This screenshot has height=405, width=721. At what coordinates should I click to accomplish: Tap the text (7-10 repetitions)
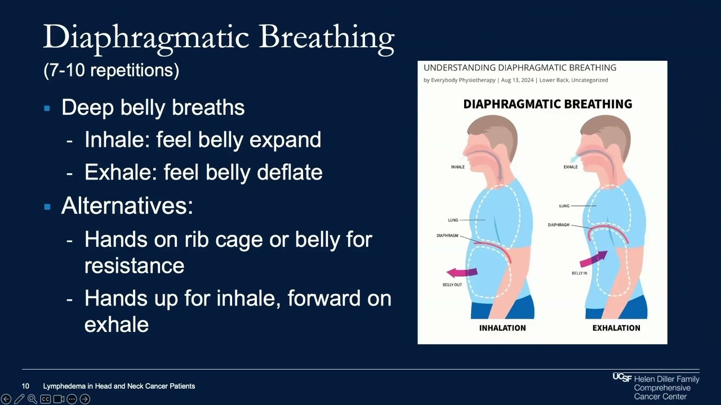point(112,70)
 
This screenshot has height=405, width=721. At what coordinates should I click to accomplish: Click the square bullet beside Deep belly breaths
point(47,108)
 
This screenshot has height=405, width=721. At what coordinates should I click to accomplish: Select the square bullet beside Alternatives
point(47,206)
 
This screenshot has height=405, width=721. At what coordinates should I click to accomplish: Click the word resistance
point(134,265)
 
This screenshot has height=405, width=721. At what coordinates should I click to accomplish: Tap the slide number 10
point(25,386)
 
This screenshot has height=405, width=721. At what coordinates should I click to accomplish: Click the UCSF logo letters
point(622,377)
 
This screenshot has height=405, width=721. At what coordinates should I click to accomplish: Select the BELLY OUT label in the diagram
point(452,285)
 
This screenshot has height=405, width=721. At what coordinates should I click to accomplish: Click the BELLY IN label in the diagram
point(579,273)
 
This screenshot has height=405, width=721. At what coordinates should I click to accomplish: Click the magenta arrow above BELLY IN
point(593,259)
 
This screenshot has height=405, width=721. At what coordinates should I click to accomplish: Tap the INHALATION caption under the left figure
point(502,328)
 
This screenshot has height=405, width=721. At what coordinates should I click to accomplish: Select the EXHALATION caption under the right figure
point(616,328)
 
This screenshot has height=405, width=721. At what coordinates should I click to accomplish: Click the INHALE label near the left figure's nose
point(457,167)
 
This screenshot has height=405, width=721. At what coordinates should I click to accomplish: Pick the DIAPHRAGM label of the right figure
point(558,225)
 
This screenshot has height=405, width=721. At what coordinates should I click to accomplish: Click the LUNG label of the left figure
point(453,220)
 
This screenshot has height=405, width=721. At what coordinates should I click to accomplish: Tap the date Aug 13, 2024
point(517,80)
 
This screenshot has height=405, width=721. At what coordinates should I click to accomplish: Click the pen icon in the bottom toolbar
point(19,399)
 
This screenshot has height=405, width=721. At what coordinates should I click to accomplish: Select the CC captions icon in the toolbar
point(45,399)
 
